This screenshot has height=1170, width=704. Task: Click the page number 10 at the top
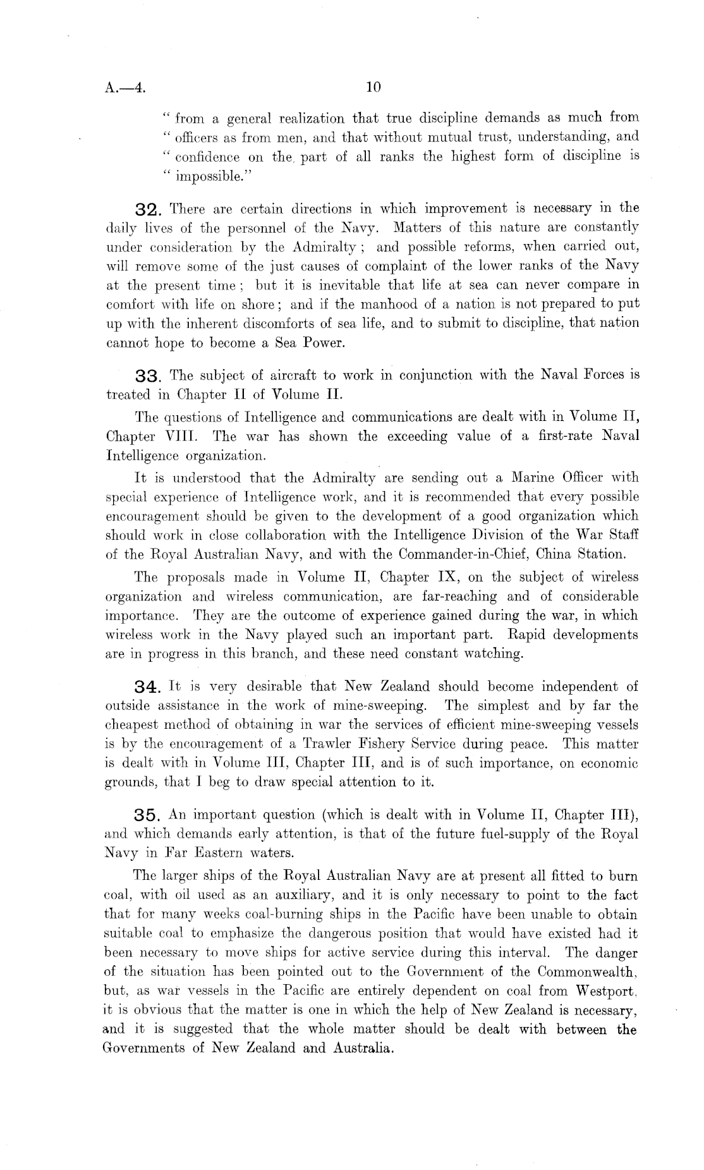tap(373, 88)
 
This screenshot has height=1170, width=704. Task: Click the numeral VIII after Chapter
tap(179, 437)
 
